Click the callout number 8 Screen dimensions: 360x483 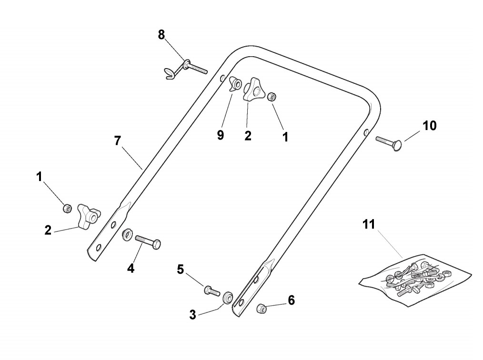161,34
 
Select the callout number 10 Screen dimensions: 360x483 429,126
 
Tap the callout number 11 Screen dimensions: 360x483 369,224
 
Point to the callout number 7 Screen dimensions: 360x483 118,140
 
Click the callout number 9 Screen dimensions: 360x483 220,135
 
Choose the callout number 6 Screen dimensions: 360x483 292,300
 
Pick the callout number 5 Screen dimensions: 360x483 180,269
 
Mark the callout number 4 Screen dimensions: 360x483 131,268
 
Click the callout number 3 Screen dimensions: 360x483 192,315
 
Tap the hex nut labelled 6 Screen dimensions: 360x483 262,308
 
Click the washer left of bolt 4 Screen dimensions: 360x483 127,235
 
